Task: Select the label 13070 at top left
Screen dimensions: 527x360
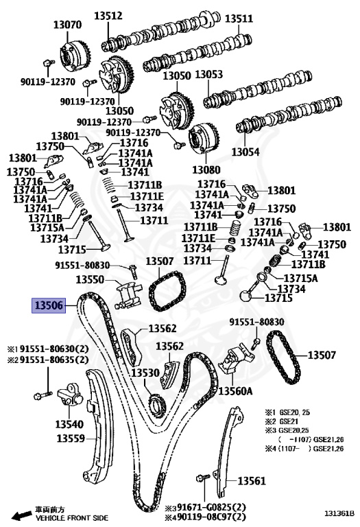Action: click(67, 25)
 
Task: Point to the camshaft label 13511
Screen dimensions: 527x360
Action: click(239, 19)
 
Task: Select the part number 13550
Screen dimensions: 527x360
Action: click(90, 280)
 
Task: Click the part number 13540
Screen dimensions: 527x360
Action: click(69, 423)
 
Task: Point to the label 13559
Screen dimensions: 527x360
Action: click(71, 438)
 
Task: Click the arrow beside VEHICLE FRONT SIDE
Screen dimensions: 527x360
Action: click(21, 514)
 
